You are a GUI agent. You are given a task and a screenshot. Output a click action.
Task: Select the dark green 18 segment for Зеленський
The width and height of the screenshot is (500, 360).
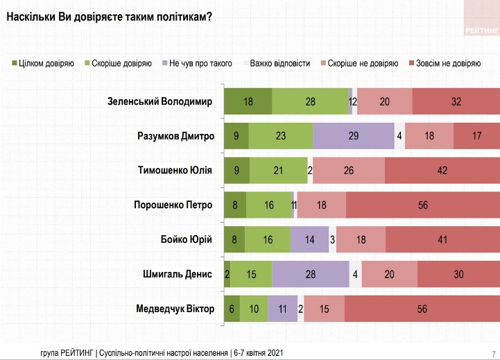tap(248, 102)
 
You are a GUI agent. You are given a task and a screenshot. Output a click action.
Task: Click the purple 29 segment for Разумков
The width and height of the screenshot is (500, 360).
tap(353, 136)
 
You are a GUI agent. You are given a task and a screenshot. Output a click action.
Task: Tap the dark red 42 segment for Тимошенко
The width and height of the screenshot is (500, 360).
tap(442, 170)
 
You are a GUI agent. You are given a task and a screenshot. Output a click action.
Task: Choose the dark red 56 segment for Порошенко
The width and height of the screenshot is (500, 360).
tap(422, 205)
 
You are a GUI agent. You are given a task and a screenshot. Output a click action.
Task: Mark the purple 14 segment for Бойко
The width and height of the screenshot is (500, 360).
tap(309, 239)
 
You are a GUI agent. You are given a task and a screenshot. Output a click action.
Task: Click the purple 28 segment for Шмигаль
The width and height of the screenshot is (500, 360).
tap(310, 273)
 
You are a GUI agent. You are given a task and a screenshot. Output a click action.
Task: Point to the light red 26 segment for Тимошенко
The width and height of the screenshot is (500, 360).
tap(349, 170)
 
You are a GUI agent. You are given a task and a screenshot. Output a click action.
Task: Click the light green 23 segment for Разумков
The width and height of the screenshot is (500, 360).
tap(280, 136)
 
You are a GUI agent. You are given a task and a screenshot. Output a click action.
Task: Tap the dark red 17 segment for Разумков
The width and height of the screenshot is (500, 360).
tap(476, 136)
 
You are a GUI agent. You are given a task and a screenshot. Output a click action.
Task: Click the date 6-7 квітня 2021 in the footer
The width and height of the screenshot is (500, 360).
tap(258, 352)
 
